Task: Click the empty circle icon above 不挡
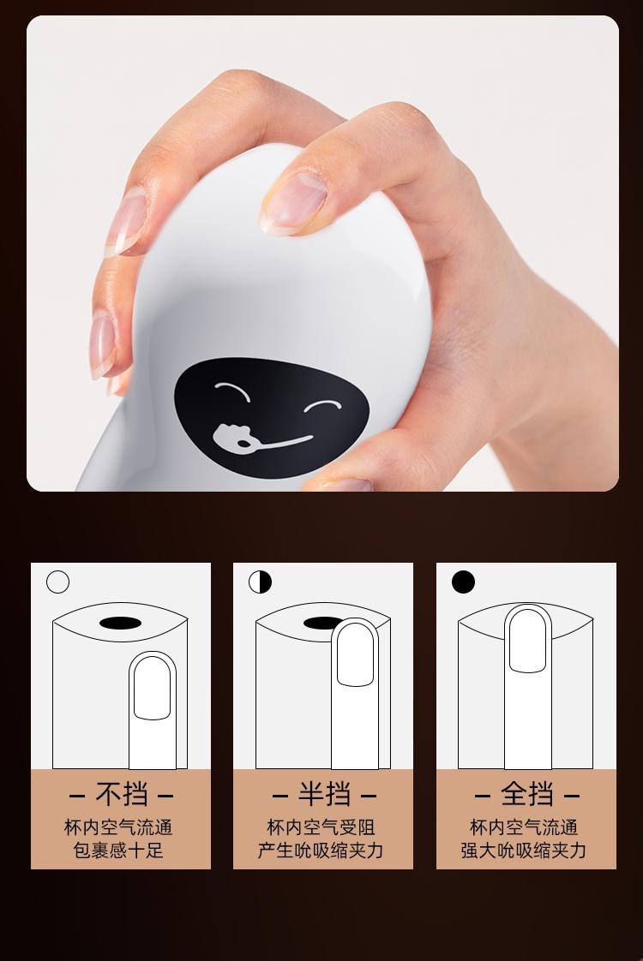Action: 57,582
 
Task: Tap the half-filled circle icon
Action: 260,582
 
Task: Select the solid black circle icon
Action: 463,582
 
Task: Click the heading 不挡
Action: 121,794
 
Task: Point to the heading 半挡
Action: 323,794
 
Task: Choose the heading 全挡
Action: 526,794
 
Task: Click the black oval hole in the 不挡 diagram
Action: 120,622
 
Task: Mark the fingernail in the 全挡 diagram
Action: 526,641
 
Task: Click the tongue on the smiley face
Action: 231,437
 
